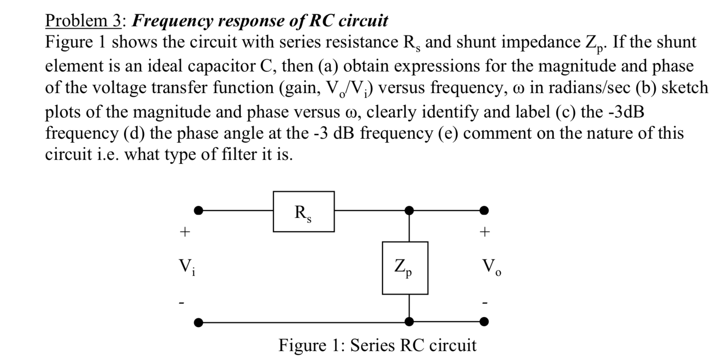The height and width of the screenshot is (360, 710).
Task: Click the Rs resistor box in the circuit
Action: pos(304,212)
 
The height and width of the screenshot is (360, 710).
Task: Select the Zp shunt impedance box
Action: pos(405,268)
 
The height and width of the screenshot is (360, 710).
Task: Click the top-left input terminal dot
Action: pos(198,210)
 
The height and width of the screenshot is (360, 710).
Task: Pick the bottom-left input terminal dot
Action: pos(198,322)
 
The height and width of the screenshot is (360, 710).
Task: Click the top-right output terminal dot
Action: pos(484,210)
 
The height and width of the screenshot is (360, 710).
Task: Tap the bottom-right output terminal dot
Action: pos(484,322)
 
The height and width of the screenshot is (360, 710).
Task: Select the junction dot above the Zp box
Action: pos(409,210)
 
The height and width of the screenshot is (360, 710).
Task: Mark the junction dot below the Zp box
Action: pos(409,322)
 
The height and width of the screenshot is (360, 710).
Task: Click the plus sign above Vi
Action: pos(184,232)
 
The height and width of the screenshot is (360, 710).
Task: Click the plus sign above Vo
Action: pos(485,232)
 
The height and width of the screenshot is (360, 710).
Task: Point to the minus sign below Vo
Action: pos(485,303)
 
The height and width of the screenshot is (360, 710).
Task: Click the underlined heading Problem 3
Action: pos(83,21)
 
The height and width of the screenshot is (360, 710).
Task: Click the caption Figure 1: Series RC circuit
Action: pos(377,345)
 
